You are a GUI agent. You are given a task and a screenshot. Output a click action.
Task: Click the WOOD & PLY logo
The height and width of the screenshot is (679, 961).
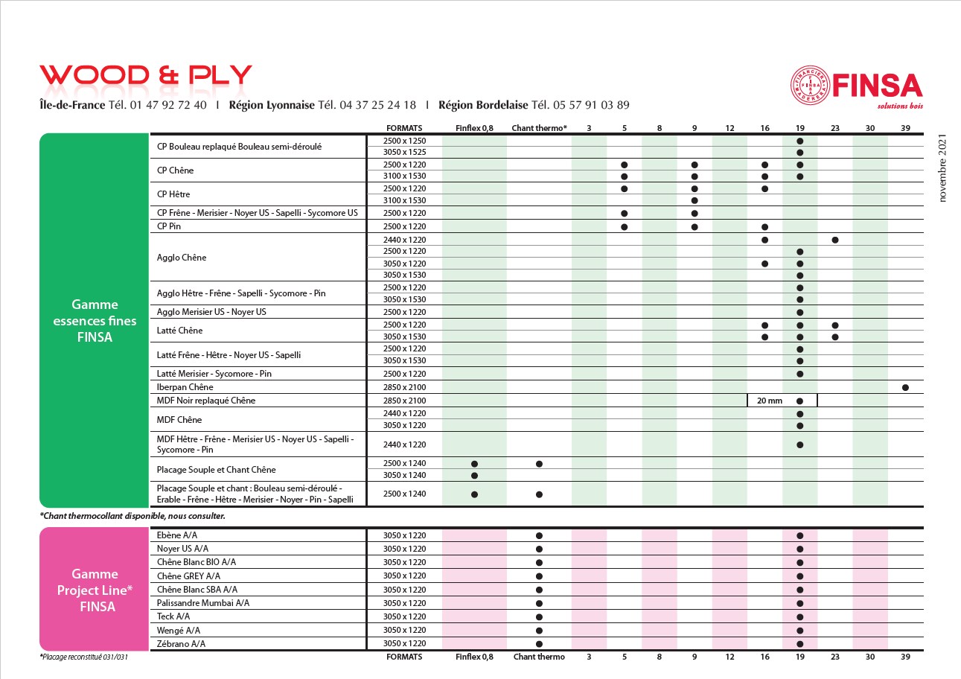click(x=146, y=75)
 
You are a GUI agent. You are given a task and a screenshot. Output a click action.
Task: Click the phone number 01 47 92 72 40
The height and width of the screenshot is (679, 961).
click(x=168, y=105)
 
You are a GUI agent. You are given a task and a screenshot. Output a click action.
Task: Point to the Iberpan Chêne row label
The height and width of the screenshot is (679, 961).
click(x=185, y=387)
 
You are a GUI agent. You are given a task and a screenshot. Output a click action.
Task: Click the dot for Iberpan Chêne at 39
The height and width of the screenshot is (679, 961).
click(x=905, y=387)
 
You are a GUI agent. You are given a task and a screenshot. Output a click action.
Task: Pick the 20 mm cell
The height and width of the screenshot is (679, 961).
click(x=770, y=401)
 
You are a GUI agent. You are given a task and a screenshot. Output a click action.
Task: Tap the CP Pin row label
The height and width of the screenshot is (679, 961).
click(x=169, y=226)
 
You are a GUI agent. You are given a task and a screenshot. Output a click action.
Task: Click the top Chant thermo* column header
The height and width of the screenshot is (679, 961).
click(x=539, y=128)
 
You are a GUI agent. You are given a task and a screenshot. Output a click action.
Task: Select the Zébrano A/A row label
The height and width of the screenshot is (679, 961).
click(x=182, y=644)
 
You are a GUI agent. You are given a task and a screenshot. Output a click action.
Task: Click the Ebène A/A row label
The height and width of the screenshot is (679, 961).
click(x=177, y=535)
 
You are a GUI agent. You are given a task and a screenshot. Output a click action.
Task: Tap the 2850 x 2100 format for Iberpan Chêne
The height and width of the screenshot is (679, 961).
click(x=405, y=387)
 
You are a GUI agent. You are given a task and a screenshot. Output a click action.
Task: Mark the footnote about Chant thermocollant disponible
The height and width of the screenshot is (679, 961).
click(x=133, y=515)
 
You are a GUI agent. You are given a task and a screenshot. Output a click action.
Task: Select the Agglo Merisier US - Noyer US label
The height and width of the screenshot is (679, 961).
click(x=211, y=312)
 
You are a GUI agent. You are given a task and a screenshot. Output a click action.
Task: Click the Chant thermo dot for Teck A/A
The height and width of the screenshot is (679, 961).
click(x=539, y=616)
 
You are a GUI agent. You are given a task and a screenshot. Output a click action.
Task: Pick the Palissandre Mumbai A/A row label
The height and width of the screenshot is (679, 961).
click(x=203, y=603)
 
